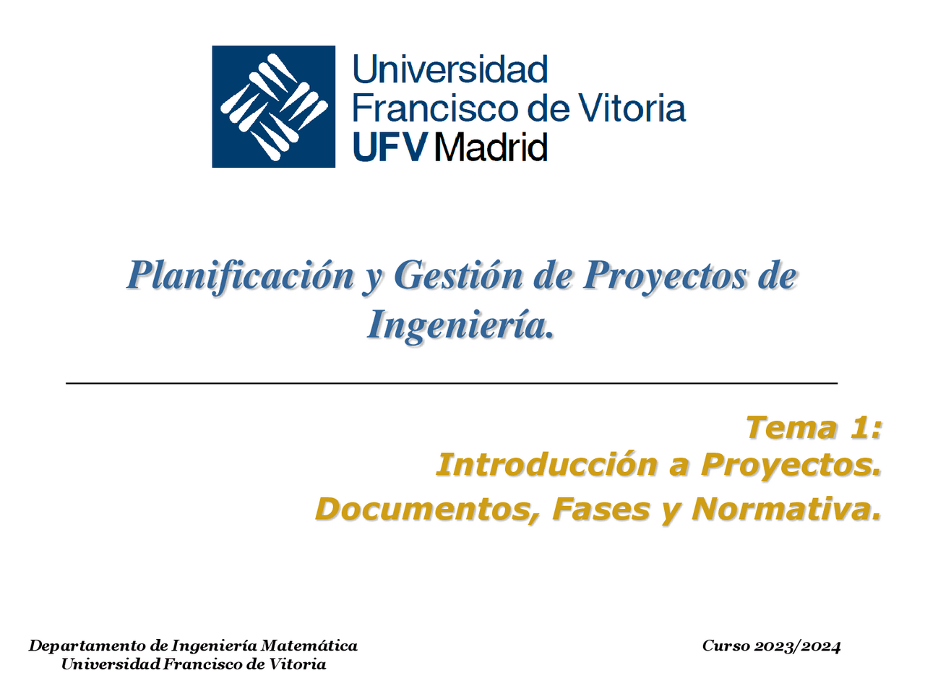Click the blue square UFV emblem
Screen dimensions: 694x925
[273, 106]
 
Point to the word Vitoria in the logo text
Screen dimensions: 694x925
[633, 108]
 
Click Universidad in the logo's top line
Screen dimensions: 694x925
[449, 70]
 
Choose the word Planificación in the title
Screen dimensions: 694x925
[241, 275]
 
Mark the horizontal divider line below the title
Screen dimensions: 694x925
[452, 382]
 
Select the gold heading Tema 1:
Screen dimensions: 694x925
[814, 427]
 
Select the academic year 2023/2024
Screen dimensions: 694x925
[797, 646]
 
